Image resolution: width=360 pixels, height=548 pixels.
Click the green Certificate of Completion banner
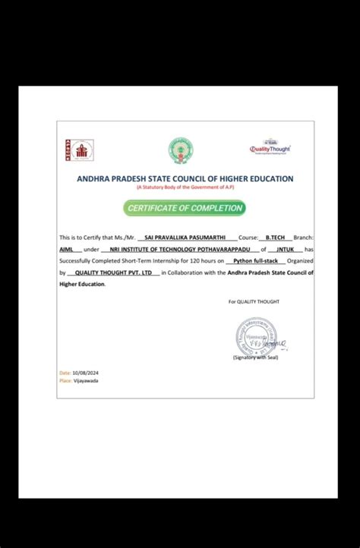coord(185,207)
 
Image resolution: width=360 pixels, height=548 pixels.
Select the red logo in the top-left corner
coord(78,150)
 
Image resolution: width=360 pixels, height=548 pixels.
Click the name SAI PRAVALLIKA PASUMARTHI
coord(185,238)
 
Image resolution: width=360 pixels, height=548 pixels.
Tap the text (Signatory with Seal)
coord(256,356)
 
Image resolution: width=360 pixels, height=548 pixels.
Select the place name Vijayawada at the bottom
coord(86,381)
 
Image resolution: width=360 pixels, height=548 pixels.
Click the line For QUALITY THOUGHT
coord(254,301)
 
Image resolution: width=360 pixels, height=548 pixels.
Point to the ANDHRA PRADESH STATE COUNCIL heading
coord(185,178)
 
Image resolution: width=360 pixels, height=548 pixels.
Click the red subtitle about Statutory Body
coord(185,187)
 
